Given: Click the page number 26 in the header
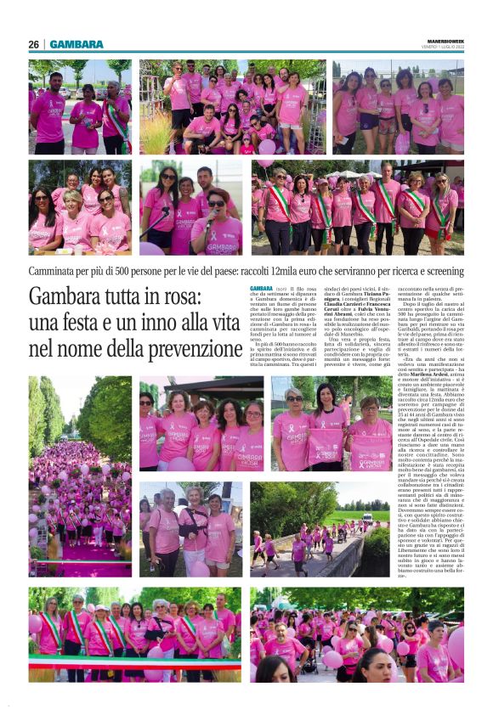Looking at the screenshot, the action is (33, 44).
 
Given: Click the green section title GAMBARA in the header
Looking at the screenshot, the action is (76, 44).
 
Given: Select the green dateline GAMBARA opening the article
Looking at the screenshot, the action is (261, 289).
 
